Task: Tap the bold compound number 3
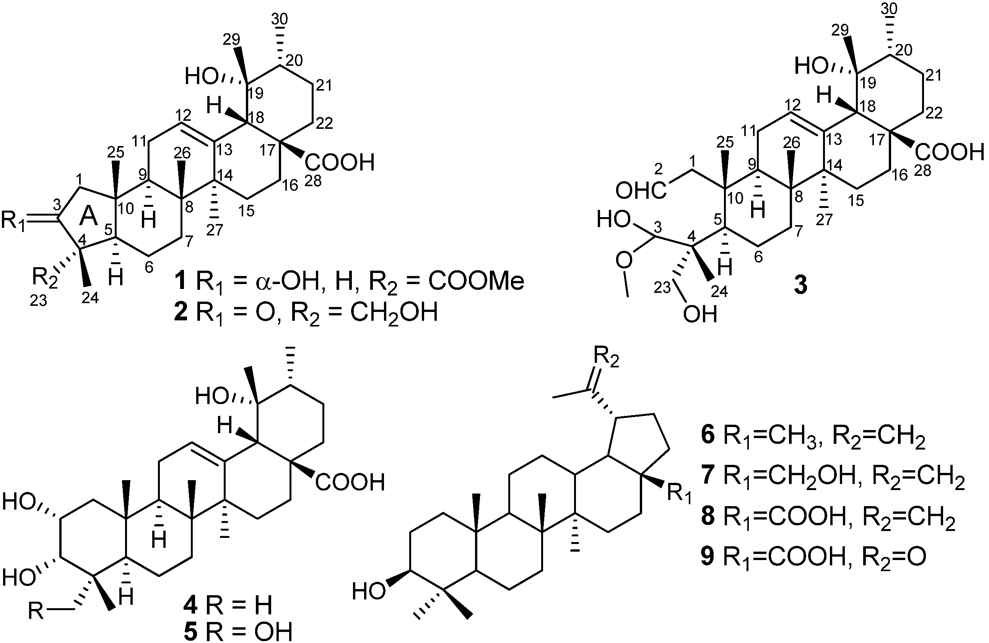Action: coord(800,286)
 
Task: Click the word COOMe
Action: coord(476,281)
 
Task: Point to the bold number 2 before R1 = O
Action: coord(182,313)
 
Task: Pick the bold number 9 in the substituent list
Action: coord(707,557)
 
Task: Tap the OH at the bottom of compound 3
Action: coord(701,315)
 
